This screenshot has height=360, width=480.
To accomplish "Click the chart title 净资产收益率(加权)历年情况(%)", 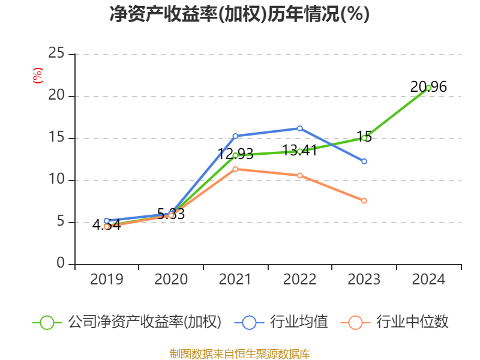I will (x=239, y=14).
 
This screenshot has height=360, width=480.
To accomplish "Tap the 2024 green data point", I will (x=428, y=88).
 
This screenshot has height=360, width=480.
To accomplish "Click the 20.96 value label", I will (x=428, y=87).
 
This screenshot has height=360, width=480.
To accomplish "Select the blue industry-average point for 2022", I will (x=300, y=128).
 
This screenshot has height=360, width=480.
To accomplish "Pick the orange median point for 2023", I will (x=364, y=200).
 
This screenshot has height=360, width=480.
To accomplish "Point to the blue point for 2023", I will (x=364, y=161).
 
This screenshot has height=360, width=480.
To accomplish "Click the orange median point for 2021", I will (x=235, y=169).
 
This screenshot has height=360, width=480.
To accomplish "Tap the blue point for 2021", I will (x=235, y=136).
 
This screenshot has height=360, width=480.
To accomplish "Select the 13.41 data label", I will (x=299, y=151).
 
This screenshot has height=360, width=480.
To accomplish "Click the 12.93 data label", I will (x=235, y=154).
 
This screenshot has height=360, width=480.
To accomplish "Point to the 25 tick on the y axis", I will (x=56, y=54).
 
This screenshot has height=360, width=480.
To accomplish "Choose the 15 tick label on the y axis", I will (x=56, y=138).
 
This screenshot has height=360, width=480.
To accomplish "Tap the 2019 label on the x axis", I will (x=107, y=280).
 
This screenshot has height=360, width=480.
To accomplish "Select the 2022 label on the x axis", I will (x=299, y=280).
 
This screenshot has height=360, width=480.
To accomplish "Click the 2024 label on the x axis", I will (x=428, y=280).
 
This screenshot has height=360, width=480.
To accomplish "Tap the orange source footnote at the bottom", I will (x=239, y=353).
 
